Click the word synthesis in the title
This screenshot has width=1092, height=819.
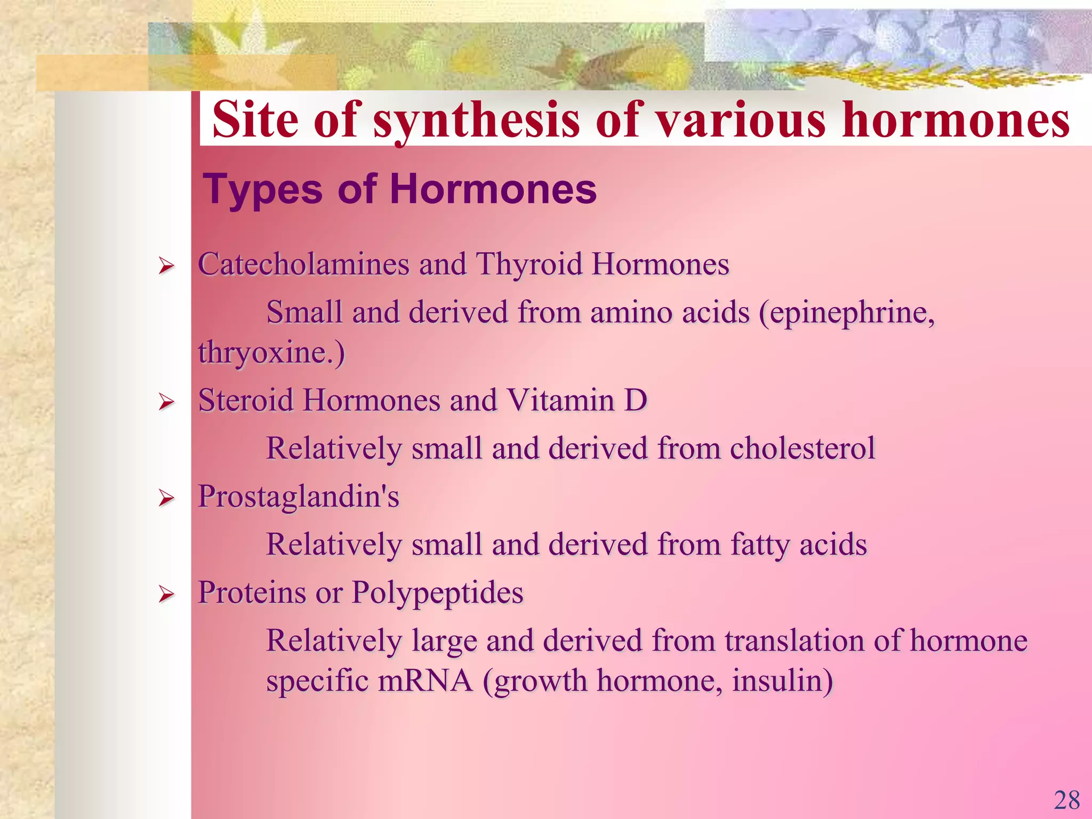pyautogui.click(x=476, y=121)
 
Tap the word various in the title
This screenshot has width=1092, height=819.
pyautogui.click(x=741, y=121)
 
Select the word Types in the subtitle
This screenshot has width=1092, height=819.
pyautogui.click(x=263, y=189)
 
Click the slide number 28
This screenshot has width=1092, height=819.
pyautogui.click(x=1067, y=800)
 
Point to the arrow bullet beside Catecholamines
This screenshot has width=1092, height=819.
pyautogui.click(x=166, y=266)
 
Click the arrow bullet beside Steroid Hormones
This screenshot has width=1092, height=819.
pyautogui.click(x=166, y=402)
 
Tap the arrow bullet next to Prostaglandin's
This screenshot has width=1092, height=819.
pyautogui.click(x=166, y=498)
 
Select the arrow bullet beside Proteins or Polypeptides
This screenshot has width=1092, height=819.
pyautogui.click(x=166, y=594)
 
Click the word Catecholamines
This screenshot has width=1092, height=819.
pyautogui.click(x=303, y=264)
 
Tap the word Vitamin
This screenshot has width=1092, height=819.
pyautogui.click(x=560, y=400)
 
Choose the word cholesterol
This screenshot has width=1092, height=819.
pyautogui.click(x=802, y=448)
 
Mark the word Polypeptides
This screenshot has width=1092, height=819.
pyautogui.click(x=437, y=593)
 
